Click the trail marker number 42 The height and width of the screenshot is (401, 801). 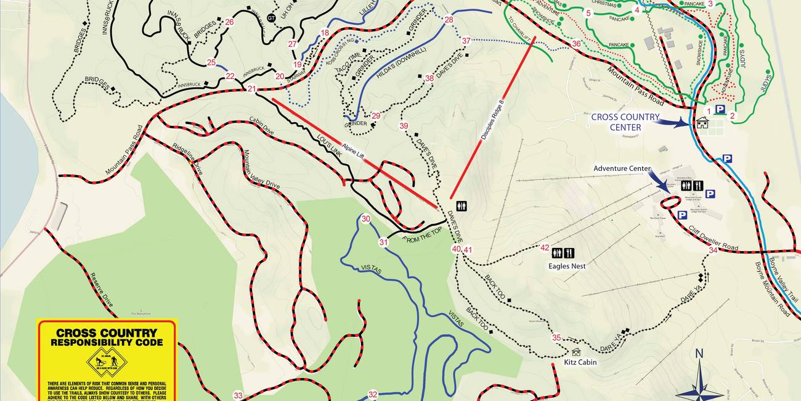coord(545,248)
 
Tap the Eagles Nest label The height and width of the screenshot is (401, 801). coord(567,266)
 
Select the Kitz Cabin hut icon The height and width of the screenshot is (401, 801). coord(576,352)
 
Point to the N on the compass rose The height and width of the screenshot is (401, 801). coord(699,353)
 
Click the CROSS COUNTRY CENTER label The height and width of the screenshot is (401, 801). coord(625,122)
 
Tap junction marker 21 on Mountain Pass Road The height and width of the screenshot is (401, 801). coord(251,89)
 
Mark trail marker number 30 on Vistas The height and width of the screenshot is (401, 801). coord(366,219)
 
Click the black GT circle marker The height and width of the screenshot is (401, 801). coord(272,18)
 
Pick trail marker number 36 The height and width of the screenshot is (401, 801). coord(576,44)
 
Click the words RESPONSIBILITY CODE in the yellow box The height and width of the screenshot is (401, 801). coord(107,342)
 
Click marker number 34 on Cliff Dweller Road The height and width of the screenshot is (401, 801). coord(713,250)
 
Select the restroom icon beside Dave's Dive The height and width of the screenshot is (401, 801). coord(461,206)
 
